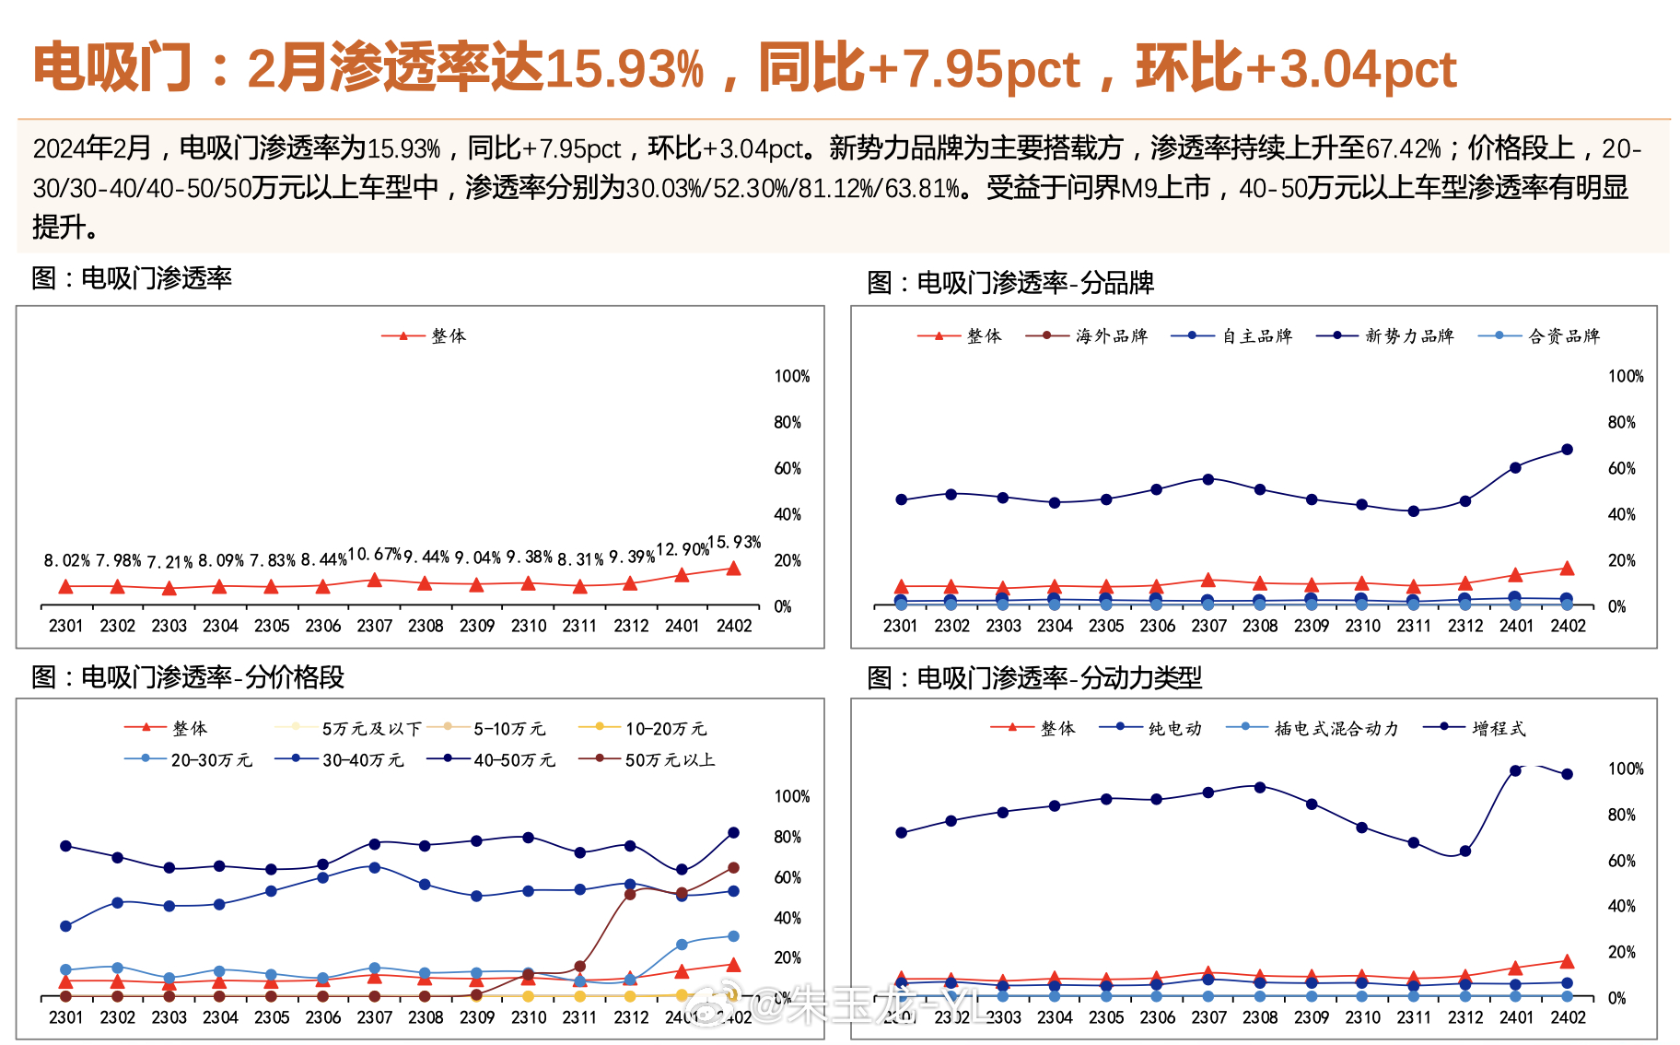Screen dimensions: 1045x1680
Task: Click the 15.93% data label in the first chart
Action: (734, 542)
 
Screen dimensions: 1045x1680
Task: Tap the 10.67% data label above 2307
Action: (374, 554)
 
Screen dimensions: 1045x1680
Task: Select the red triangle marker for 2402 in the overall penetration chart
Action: (733, 569)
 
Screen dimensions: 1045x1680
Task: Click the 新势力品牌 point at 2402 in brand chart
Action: (1567, 450)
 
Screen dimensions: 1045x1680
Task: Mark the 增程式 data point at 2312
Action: (1464, 851)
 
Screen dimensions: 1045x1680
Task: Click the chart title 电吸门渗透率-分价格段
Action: (212, 677)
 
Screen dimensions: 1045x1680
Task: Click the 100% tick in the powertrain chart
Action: (1625, 769)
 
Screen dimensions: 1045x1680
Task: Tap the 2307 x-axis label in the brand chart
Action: (1208, 626)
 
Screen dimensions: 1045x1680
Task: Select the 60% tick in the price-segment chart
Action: (787, 877)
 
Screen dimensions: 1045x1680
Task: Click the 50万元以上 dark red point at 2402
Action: (733, 868)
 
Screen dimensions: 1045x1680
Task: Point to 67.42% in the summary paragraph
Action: (1403, 148)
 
